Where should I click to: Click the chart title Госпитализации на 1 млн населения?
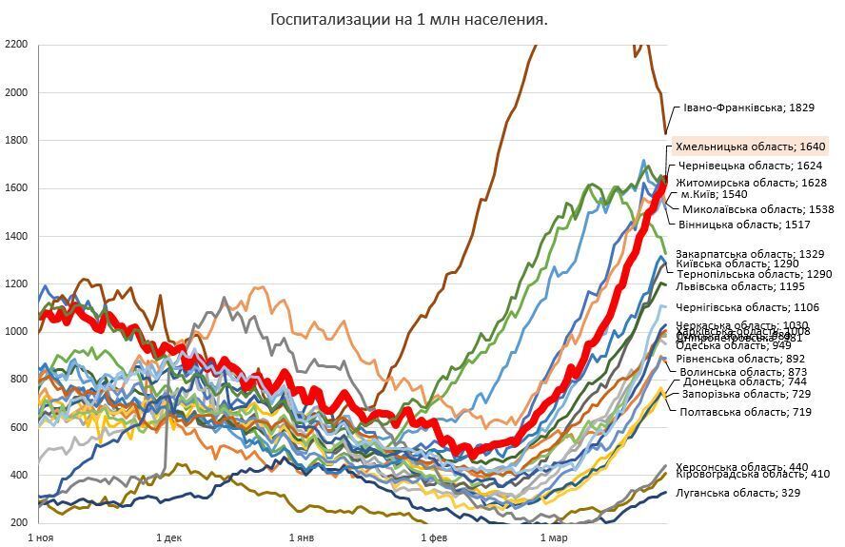409,19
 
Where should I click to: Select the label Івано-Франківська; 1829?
748,108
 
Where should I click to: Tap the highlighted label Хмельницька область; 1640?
750,147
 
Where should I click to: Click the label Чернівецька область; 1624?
750,166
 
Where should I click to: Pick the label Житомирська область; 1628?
751,182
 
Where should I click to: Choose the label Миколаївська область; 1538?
758,209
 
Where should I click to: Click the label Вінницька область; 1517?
744,225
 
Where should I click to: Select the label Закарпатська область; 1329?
750,254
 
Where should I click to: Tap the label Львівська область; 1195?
739,285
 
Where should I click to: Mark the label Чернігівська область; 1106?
747,307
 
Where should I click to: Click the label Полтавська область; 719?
745,412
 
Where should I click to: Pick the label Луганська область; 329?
737,493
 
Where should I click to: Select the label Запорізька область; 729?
746,394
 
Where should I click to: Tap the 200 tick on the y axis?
19,523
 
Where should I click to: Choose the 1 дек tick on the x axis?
169,538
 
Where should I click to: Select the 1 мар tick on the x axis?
553,538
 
